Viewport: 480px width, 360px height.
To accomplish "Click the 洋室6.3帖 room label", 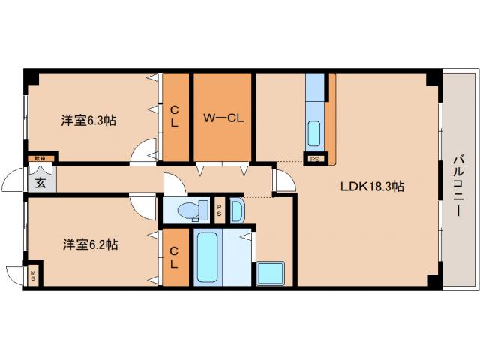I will [88, 120].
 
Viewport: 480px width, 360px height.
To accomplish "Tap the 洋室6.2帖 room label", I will [88, 244].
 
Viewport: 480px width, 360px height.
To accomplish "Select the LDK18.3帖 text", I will [373, 187].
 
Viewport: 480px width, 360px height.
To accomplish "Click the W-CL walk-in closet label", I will [223, 117].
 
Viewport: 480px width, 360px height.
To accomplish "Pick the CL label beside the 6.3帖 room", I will [175, 117].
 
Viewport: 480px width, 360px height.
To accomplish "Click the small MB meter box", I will [34, 276].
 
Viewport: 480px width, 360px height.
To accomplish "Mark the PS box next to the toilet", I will [219, 210].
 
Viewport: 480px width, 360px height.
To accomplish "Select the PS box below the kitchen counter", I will [315, 158].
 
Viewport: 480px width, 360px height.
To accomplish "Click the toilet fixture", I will [193, 211].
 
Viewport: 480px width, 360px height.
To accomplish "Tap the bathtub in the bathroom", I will [206, 257].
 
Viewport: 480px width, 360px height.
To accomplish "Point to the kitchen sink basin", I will [315, 133].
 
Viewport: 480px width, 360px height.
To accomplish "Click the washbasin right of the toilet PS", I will [237, 211].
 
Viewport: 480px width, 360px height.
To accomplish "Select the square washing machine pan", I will [270, 273].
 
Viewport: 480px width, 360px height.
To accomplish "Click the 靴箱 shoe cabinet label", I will [37, 158].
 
